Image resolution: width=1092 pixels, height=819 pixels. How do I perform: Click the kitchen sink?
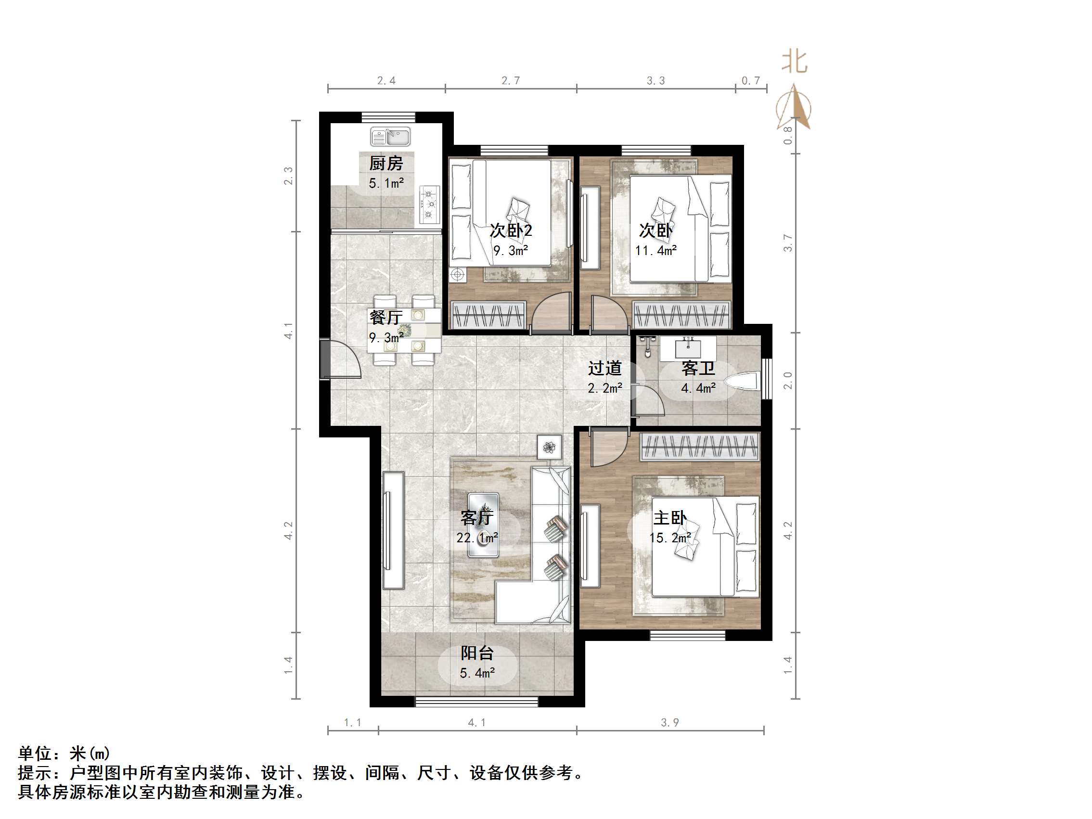[x=390, y=137]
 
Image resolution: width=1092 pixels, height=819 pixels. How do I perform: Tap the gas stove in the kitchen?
[x=429, y=204]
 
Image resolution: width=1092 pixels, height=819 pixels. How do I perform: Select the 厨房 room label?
[x=386, y=164]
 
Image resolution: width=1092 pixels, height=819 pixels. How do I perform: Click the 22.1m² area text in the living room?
[x=476, y=537]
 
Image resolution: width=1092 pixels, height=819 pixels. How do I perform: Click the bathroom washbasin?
[x=688, y=347]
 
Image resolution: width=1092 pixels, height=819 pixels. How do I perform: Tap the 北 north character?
[x=794, y=62]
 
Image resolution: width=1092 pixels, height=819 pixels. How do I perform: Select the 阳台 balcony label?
[x=477, y=653]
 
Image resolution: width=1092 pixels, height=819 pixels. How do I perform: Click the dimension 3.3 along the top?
[x=655, y=80]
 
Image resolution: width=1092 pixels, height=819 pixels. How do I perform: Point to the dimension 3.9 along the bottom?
[x=670, y=723]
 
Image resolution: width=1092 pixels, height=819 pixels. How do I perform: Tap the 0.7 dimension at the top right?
[x=750, y=80]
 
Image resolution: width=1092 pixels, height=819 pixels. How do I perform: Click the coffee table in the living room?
[x=483, y=525]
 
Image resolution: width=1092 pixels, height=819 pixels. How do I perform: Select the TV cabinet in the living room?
[x=393, y=530]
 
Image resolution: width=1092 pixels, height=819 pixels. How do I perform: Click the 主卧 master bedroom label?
[x=669, y=518]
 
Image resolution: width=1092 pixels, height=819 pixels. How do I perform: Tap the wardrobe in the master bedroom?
[x=700, y=447]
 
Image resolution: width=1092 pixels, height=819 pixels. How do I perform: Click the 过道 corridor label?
[x=604, y=368]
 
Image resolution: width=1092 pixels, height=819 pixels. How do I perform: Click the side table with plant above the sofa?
[x=549, y=447]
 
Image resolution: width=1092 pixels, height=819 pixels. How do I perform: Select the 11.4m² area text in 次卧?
[x=655, y=251]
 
